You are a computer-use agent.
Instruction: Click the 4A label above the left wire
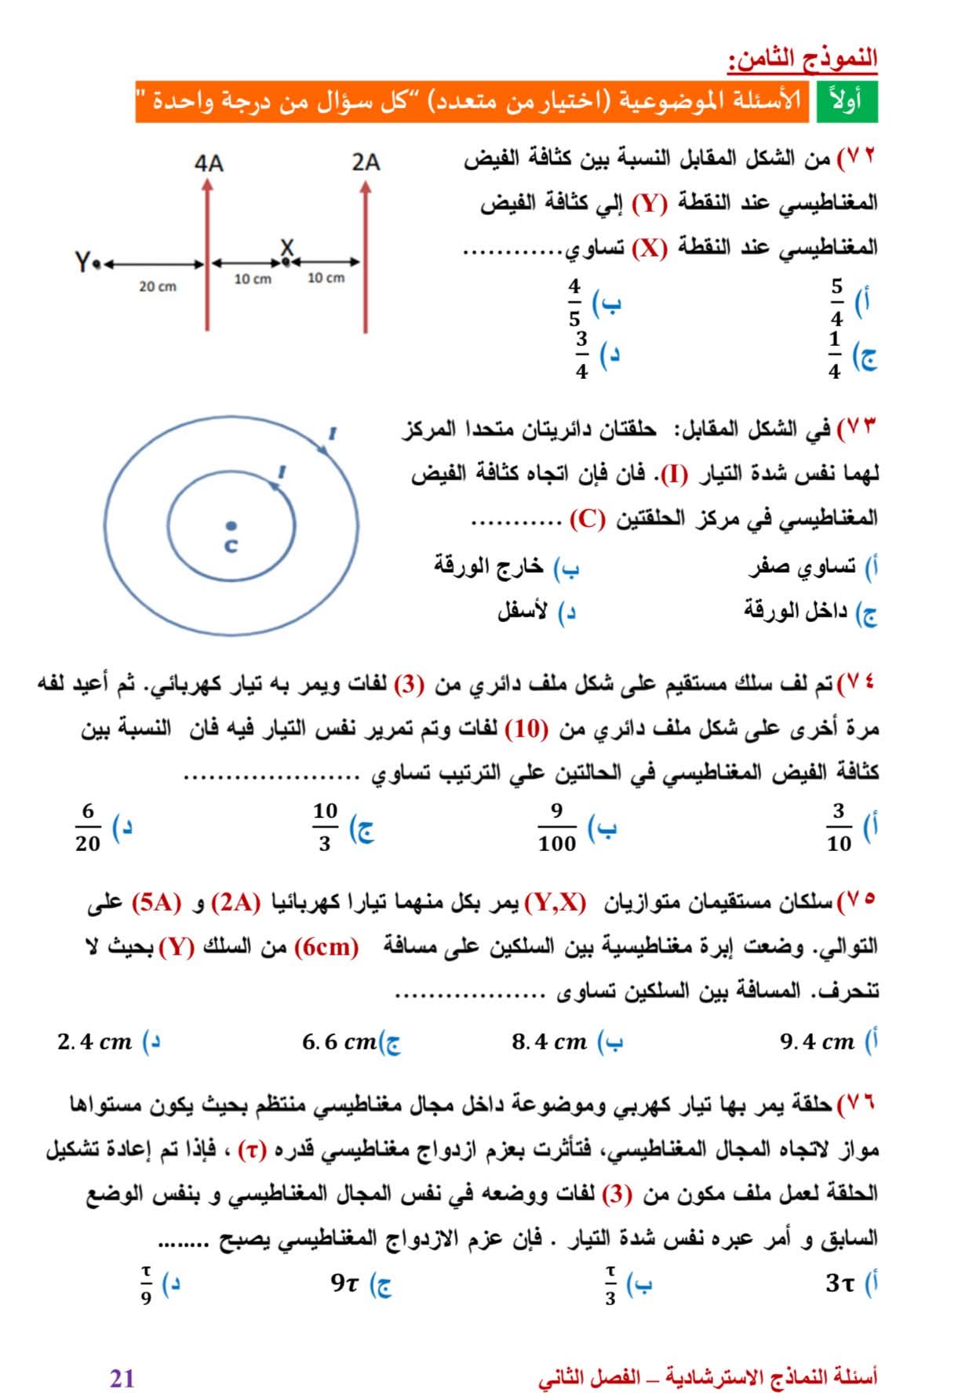(209, 163)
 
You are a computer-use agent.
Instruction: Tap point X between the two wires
(286, 260)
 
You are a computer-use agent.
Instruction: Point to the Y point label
(83, 261)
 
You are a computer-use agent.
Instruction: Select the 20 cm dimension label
(158, 287)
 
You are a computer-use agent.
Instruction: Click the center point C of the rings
(230, 526)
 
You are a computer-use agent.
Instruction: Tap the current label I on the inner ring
(282, 472)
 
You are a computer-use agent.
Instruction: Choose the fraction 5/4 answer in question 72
(836, 301)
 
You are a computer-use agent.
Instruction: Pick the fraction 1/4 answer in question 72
(834, 355)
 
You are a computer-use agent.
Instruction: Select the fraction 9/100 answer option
(557, 827)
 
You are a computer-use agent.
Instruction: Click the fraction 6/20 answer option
(88, 827)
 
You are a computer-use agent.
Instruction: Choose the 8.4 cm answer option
(549, 1042)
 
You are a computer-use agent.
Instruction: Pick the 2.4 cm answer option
(94, 1042)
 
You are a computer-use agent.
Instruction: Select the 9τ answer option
(344, 1283)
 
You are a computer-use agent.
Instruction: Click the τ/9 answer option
(146, 1284)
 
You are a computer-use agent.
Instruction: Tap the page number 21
(122, 1376)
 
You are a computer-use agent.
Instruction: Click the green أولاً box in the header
(847, 101)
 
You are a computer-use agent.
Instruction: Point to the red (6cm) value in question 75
(326, 947)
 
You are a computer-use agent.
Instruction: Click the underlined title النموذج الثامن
(803, 59)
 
